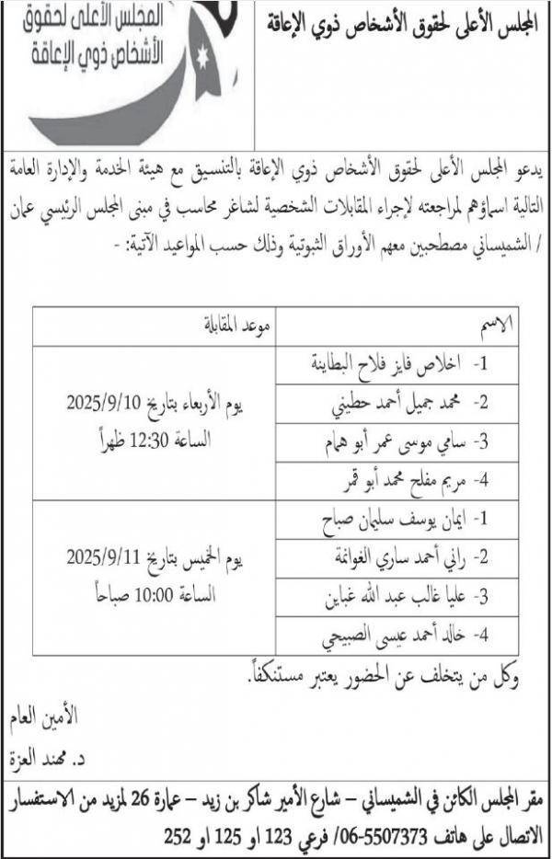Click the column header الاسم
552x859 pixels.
tap(498, 326)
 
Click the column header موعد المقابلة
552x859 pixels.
tap(236, 326)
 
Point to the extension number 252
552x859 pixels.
tap(177, 837)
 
